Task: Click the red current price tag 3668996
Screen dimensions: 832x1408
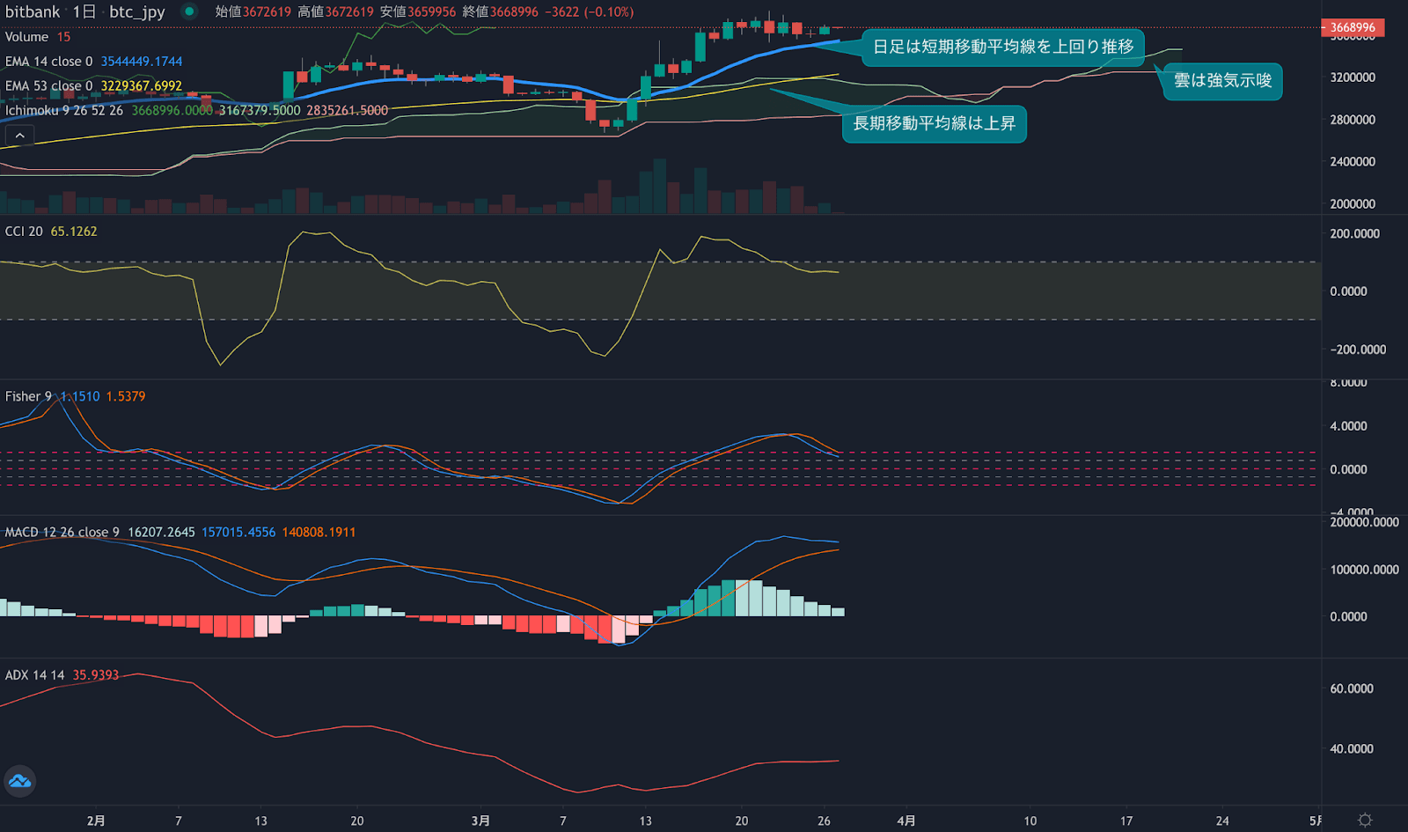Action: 1353,27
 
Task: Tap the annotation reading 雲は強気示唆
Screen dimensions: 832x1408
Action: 1222,81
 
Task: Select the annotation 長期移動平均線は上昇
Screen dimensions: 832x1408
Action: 934,123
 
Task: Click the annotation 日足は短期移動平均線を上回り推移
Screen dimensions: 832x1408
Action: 1002,47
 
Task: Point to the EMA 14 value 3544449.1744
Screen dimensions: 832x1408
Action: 141,62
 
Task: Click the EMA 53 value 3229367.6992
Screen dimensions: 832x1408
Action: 141,86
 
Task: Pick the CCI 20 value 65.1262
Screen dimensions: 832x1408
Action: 74,232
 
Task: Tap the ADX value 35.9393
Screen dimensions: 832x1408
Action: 95,675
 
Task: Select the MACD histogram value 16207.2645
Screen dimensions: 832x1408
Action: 161,533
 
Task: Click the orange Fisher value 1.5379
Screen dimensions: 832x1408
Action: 126,397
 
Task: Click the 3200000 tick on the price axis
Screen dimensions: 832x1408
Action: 1353,77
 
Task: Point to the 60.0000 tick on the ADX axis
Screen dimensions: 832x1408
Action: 1351,689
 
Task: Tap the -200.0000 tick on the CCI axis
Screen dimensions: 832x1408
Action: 1358,350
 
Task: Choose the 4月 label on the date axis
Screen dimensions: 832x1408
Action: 906,821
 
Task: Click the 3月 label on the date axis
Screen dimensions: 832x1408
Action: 480,821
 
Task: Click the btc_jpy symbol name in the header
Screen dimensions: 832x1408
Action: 136,12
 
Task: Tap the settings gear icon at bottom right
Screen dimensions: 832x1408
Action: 1365,820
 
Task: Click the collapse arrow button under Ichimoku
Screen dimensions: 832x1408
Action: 19,136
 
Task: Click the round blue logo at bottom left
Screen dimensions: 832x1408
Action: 19,781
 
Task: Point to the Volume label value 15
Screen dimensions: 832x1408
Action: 63,37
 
